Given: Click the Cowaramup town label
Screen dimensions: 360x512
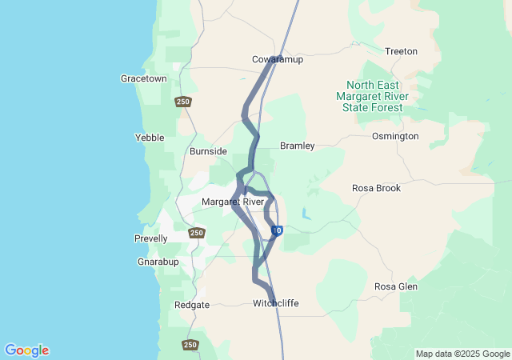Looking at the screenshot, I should [x=278, y=60].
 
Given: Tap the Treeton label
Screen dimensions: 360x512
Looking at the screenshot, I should [x=401, y=51].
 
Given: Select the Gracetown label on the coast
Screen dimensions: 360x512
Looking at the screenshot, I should [x=144, y=79].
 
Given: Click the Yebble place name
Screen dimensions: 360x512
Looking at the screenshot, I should [x=150, y=138].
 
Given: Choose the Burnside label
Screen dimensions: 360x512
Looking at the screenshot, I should [x=208, y=151].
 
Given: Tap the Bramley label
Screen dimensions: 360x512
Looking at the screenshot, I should [x=297, y=146].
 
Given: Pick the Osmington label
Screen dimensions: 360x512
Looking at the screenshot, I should [x=395, y=136].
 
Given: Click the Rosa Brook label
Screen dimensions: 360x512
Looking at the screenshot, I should [x=376, y=189].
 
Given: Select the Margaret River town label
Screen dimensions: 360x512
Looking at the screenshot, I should [x=233, y=202].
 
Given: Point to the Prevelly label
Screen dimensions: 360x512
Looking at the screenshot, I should [x=151, y=238].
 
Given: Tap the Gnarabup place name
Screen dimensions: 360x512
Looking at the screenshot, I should [x=157, y=262].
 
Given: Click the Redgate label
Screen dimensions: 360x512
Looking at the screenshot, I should [x=192, y=305].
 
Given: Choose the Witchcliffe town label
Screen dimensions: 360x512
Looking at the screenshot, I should [x=276, y=303].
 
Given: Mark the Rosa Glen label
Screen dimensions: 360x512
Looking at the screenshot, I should [x=395, y=286].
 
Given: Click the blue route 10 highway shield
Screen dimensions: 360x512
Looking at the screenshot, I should [x=277, y=231].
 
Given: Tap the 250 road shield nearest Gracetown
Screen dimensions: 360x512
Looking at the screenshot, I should [x=183, y=102].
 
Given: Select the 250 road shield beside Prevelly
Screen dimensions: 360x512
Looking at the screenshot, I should [x=197, y=234].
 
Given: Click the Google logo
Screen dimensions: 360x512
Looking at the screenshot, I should [x=27, y=350].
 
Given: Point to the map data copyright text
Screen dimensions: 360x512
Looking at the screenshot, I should [x=462, y=354].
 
